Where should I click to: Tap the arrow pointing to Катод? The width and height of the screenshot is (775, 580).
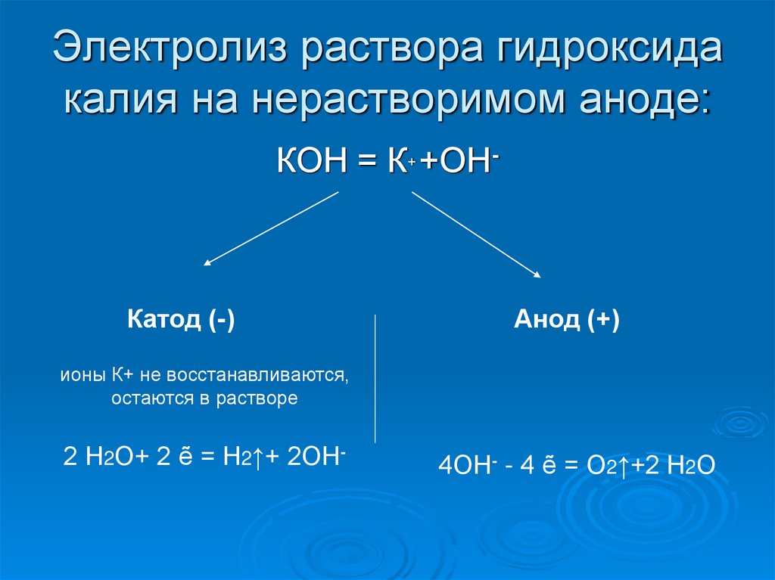tap(271, 228)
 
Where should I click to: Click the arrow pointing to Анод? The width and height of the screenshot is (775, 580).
tap(477, 234)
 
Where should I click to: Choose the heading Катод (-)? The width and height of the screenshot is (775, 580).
tap(181, 320)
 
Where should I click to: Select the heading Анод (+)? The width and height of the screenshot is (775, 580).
tap(567, 320)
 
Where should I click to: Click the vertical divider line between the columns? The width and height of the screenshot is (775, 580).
tap(376, 378)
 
